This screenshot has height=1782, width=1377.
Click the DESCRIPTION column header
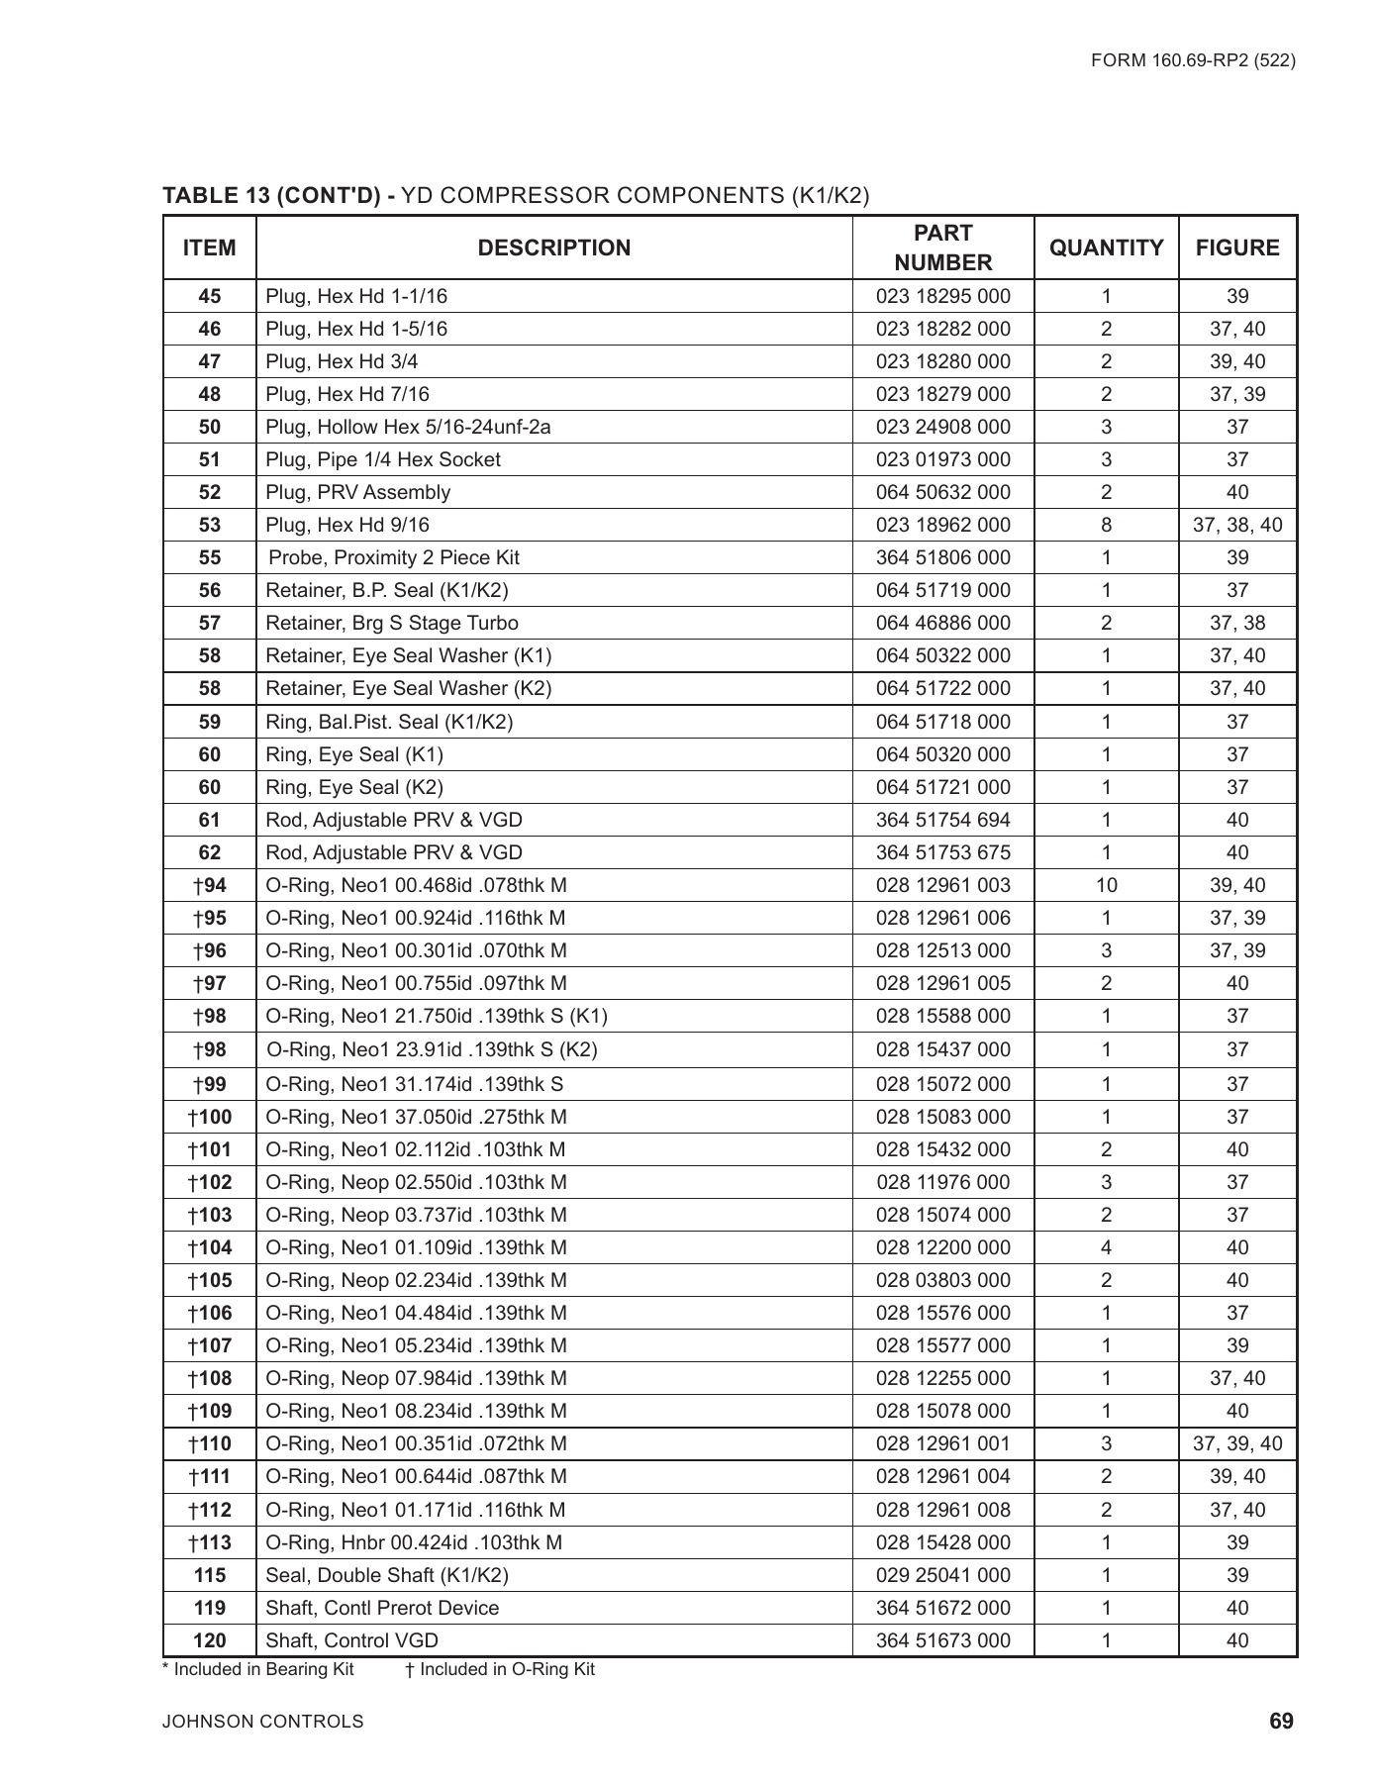point(553,247)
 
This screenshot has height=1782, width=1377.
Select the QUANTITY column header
point(1106,247)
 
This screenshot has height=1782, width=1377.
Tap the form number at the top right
point(1193,60)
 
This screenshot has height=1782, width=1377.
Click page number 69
point(1281,1722)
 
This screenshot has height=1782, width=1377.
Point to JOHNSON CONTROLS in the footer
point(263,1722)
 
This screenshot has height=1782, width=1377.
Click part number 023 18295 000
point(942,296)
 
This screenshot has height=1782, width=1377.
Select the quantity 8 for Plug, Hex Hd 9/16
point(1106,525)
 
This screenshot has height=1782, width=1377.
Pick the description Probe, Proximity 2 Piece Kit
point(393,557)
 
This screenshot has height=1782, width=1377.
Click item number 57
point(210,623)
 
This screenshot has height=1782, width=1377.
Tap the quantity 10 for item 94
point(1106,885)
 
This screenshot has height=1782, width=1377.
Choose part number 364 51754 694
point(942,820)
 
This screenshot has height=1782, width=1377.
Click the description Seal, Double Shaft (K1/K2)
point(387,1575)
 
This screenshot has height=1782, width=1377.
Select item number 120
point(210,1640)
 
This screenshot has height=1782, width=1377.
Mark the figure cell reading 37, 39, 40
point(1236,1443)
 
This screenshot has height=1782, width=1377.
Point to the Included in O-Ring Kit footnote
point(500,1669)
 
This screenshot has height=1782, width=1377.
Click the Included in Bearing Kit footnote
point(258,1669)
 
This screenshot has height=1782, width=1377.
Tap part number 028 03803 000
point(942,1280)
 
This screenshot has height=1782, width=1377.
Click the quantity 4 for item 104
point(1106,1247)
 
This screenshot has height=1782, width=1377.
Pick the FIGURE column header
point(1236,247)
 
